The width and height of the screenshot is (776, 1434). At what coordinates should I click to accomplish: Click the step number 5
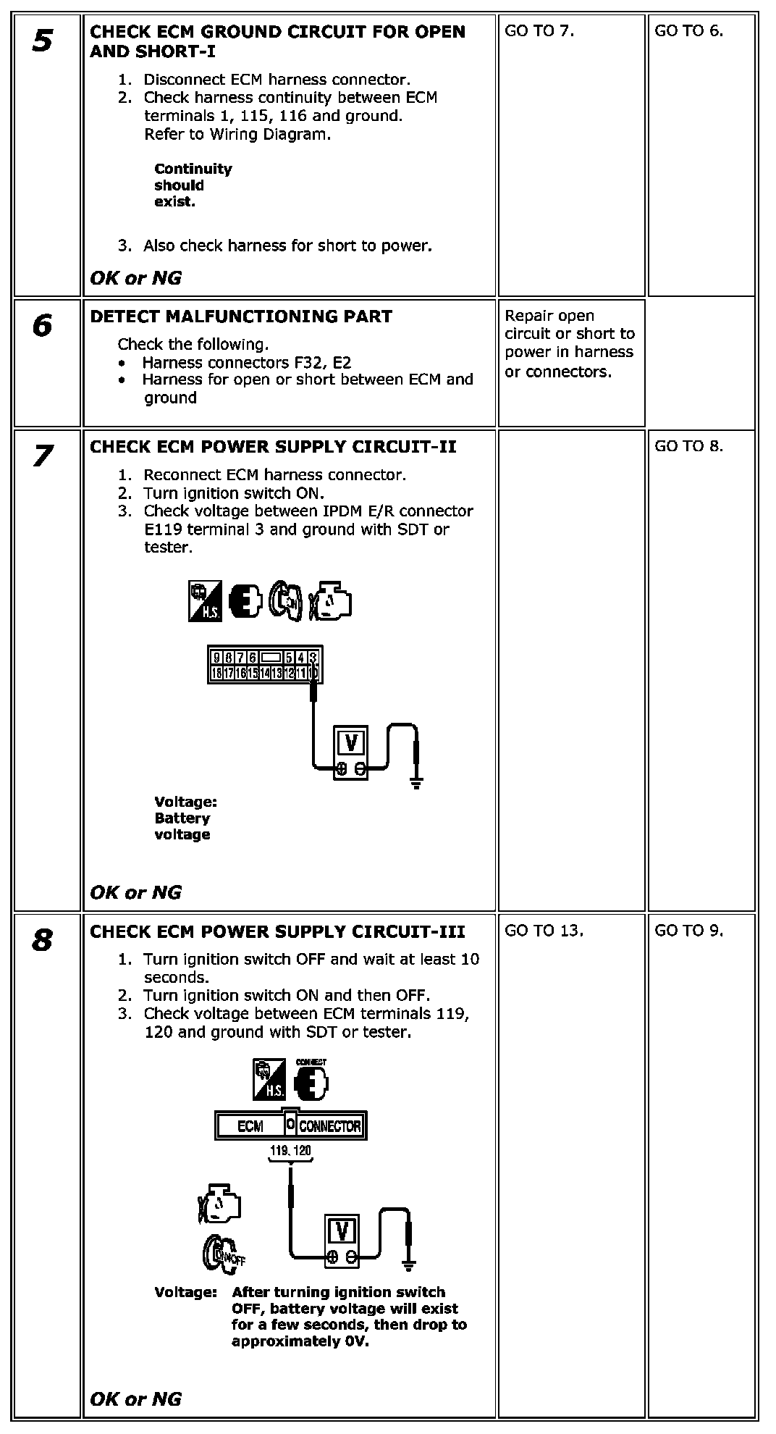(42, 41)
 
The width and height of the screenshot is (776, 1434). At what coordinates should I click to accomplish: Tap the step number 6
(42, 326)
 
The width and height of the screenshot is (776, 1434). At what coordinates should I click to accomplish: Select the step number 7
(42, 456)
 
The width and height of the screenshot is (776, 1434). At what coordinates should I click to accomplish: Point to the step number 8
(42, 941)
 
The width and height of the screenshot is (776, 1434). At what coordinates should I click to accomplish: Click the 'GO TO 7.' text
(539, 31)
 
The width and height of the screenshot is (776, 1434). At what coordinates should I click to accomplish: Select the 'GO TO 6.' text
(688, 31)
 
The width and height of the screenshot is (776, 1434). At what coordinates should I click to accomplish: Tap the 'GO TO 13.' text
(544, 931)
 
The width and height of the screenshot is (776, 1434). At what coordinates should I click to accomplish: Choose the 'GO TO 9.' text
(688, 931)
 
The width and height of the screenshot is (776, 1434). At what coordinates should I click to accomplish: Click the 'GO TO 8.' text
(688, 446)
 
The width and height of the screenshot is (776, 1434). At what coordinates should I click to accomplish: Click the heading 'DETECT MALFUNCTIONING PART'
(240, 316)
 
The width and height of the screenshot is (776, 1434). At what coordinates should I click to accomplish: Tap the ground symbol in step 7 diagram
(416, 782)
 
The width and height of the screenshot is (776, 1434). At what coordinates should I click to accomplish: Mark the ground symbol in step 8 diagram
(408, 1266)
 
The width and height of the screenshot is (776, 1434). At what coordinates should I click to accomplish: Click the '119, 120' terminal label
(290, 1150)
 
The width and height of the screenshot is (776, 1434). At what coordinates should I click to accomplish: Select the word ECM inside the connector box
(250, 1126)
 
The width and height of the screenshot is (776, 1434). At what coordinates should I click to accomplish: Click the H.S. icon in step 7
(204, 602)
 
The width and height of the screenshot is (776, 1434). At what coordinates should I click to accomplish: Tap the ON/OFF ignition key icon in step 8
(223, 1255)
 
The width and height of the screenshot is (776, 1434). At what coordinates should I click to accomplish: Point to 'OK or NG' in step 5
(135, 278)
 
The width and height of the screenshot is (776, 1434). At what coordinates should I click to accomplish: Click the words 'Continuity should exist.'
(193, 185)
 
